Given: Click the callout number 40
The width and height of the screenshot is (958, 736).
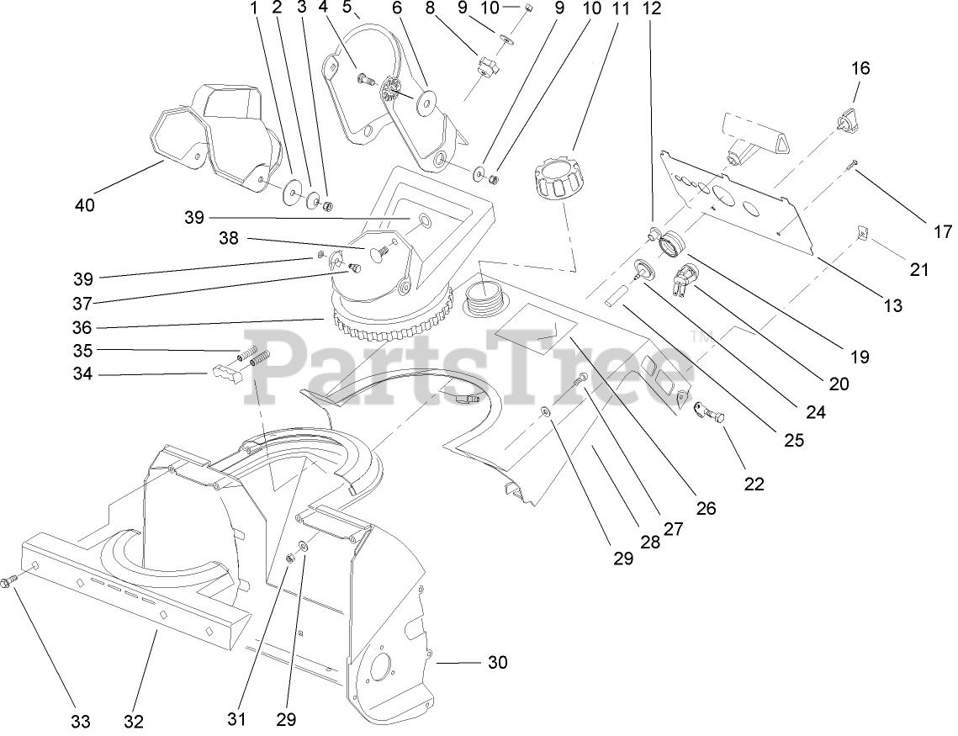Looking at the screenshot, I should pyautogui.click(x=85, y=204).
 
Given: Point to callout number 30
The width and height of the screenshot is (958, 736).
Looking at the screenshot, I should pyautogui.click(x=498, y=663).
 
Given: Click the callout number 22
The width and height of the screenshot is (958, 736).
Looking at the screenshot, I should pyautogui.click(x=754, y=484).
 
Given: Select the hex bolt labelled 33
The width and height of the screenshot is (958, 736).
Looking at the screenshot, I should pyautogui.click(x=10, y=581).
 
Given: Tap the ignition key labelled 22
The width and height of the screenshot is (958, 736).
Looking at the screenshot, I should pyautogui.click(x=709, y=412).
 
